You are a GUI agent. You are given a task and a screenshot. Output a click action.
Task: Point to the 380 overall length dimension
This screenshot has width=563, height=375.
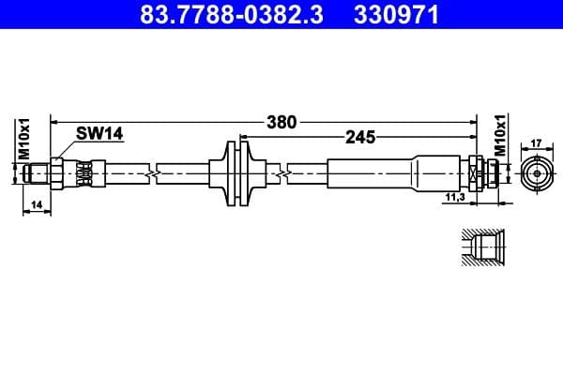tap(281, 121)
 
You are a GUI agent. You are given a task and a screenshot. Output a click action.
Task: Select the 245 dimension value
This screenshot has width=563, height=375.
tap(359, 137)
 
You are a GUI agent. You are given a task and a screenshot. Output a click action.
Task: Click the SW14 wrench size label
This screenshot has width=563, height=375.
tap(99, 135)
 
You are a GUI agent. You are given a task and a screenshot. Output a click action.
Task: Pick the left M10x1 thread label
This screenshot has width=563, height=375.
tap(25, 138)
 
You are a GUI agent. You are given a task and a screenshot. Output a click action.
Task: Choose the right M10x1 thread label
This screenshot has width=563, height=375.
tap(500, 137)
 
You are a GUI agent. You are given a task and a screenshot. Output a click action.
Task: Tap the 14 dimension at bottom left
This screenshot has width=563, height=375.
tap(36, 203)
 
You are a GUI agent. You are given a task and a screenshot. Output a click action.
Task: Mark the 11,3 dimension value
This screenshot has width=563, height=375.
tap(454, 198)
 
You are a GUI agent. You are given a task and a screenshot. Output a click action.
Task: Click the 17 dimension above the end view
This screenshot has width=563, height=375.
tap(536, 143)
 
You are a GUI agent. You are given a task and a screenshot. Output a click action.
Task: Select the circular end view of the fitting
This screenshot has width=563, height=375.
tap(536, 173)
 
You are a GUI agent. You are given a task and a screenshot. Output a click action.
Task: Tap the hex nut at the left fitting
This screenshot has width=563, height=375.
tap(57, 173)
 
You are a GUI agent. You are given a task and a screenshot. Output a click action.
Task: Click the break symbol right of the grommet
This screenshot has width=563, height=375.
tap(281, 173)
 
